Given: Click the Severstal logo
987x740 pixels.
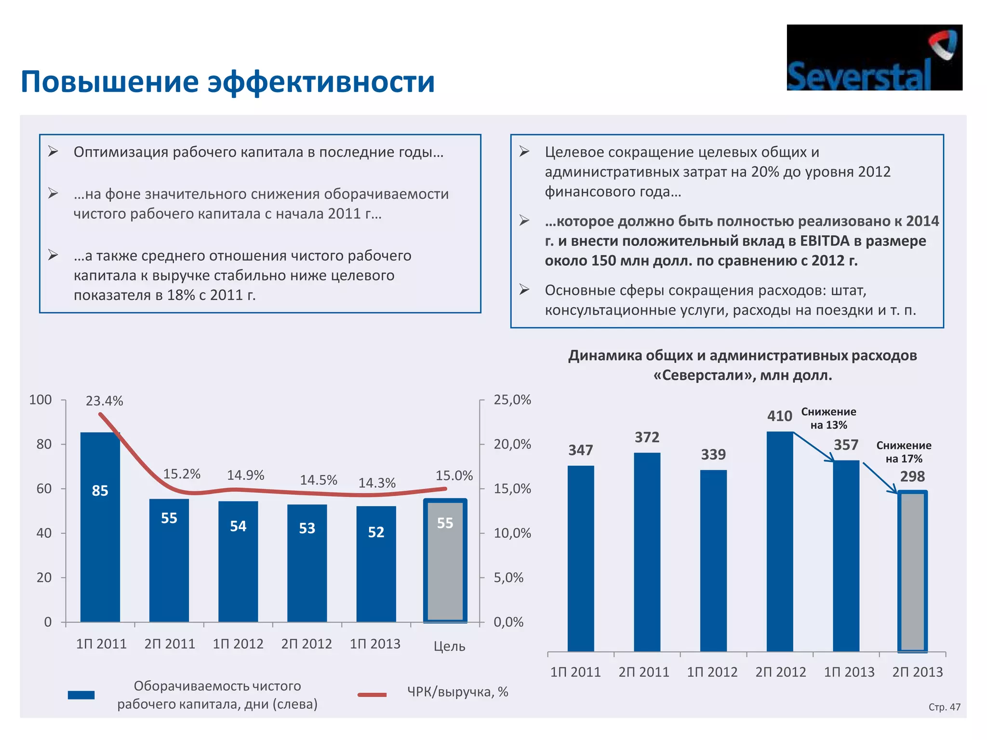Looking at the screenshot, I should point(874,57).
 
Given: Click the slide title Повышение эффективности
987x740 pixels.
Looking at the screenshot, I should point(227,81).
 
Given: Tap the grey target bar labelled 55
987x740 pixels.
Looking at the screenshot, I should point(445,561).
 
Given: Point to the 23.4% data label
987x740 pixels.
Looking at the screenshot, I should point(105,401).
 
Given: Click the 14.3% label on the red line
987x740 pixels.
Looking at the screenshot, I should point(377,483).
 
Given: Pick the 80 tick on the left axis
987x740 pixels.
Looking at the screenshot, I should point(44,444).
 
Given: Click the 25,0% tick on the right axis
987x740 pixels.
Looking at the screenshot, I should point(512,400).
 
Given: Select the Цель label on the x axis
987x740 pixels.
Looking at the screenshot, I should point(449,646).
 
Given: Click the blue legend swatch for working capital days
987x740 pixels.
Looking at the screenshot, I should point(81,695).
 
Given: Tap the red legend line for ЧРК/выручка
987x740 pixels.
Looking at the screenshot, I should point(372,695).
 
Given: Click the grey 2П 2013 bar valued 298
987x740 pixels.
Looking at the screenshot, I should point(912,571).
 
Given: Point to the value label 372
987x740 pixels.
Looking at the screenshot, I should point(647,437).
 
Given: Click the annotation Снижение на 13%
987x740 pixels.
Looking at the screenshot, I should point(828,418).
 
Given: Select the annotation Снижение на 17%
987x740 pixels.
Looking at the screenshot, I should point(904,452).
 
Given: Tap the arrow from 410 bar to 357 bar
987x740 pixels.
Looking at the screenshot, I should point(814,447).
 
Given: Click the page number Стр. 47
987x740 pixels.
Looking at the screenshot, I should point(944,707).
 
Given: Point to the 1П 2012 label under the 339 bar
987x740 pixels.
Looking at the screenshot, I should point(712,672).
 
